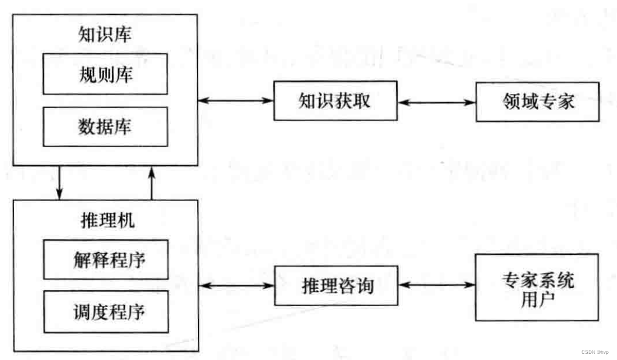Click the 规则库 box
(105, 74)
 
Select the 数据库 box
(105, 126)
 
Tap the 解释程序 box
(105, 259)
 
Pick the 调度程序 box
(105, 311)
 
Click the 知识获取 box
(335, 102)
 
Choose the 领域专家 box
(537, 102)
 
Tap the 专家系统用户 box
(537, 287)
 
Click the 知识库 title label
(105, 34)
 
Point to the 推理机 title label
(105, 221)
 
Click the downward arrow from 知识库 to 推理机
(59, 183)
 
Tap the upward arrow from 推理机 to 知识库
(152, 183)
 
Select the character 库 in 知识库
(123, 34)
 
